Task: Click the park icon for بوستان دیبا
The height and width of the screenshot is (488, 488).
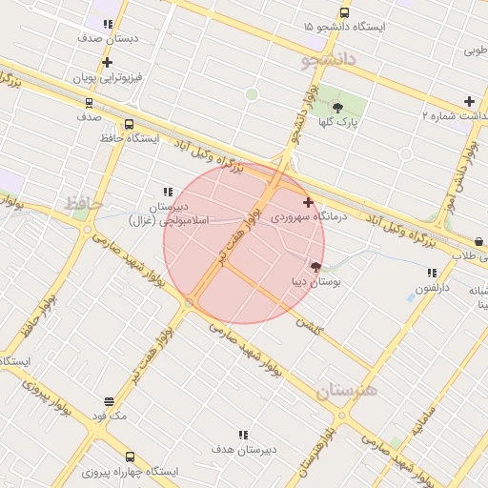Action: [x=315, y=267]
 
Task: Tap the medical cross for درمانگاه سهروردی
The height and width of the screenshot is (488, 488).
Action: [x=307, y=202]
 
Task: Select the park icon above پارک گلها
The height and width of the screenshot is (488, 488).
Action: [x=337, y=108]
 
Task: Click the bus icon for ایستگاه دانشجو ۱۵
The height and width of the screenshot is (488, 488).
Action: [x=344, y=13]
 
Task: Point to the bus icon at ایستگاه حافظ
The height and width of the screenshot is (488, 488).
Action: [x=129, y=124]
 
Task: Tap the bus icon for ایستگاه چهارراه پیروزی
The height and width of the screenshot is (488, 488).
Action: [x=130, y=457]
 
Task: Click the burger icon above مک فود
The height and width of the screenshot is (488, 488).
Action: [x=110, y=401]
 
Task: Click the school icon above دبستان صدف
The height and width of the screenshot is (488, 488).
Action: [x=105, y=24]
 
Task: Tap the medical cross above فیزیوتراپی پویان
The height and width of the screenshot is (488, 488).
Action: [x=107, y=62]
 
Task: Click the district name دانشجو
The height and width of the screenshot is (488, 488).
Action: [x=328, y=60]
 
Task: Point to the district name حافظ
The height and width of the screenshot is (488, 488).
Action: [x=83, y=203]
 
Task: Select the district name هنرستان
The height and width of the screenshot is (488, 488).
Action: [x=347, y=390]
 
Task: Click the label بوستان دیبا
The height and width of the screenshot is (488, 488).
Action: [x=315, y=282]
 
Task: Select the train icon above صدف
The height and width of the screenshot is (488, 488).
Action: [x=89, y=102]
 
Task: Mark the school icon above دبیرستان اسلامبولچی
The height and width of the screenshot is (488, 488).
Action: [x=168, y=192]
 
